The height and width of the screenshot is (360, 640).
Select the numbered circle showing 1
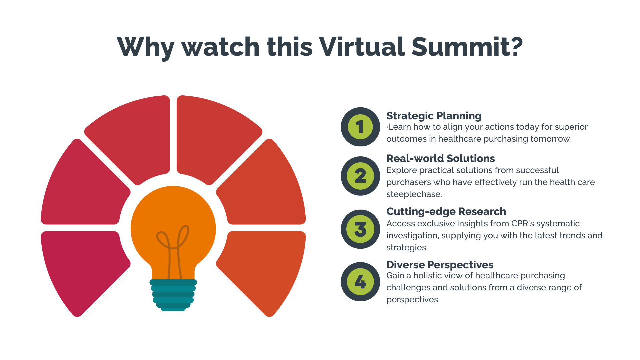coord(360,127)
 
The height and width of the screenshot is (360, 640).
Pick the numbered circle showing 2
coord(360,176)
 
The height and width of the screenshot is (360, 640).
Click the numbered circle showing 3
coord(360,229)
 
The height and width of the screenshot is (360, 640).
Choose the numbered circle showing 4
coord(360,282)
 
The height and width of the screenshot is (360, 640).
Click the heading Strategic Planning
coord(434,116)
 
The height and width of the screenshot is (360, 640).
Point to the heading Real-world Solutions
coord(441,158)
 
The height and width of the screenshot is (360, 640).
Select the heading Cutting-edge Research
coord(446,212)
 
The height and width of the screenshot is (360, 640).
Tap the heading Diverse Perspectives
coord(440,265)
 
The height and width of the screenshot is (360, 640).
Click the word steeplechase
coord(414,194)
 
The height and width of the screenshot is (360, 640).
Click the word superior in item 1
coord(571,127)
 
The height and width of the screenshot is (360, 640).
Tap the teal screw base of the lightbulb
coord(173,295)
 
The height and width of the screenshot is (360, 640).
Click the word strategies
coord(407,248)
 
